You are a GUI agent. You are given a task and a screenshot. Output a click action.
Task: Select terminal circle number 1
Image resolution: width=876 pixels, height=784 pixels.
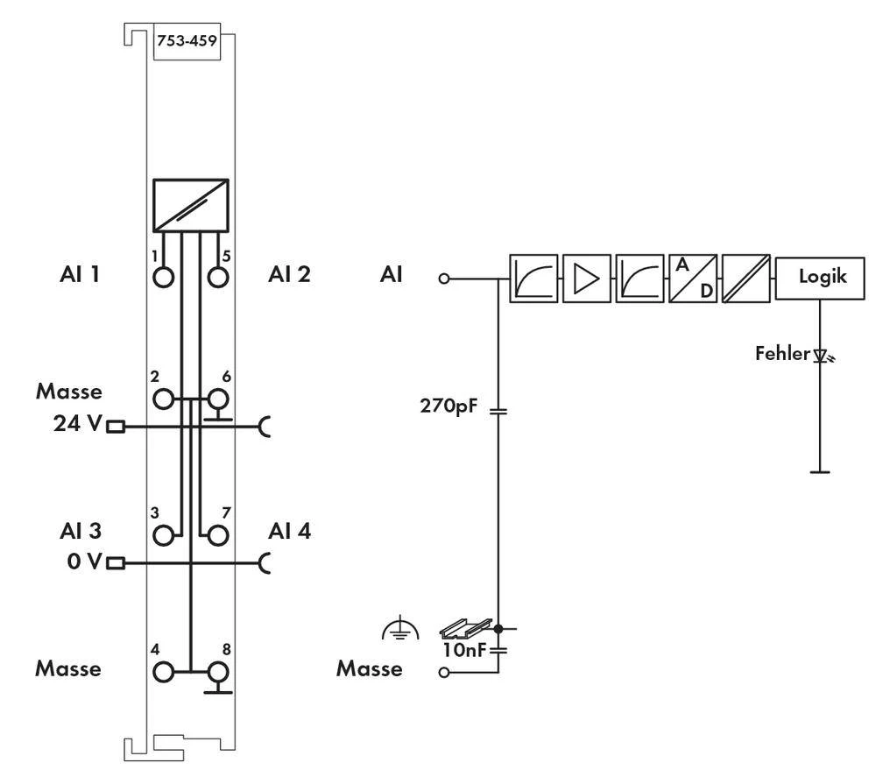164,277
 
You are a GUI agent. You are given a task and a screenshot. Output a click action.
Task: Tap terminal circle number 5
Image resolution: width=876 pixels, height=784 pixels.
217,277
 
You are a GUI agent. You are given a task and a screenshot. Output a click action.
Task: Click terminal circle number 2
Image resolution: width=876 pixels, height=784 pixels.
164,399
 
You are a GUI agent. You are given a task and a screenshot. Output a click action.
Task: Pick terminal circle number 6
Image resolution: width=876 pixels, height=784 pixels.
217,399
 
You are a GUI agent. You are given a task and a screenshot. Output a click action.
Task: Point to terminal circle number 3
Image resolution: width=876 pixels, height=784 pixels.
164,533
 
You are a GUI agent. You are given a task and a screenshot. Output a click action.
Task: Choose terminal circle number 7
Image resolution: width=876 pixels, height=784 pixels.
217,533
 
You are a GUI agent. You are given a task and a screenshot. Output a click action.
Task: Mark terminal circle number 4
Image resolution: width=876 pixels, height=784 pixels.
164,672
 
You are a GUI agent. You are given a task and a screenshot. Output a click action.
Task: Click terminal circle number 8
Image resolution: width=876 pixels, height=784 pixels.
217,672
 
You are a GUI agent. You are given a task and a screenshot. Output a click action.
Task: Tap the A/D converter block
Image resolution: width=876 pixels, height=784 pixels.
692,279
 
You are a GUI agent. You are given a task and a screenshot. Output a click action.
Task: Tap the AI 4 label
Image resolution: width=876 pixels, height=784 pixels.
289,531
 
